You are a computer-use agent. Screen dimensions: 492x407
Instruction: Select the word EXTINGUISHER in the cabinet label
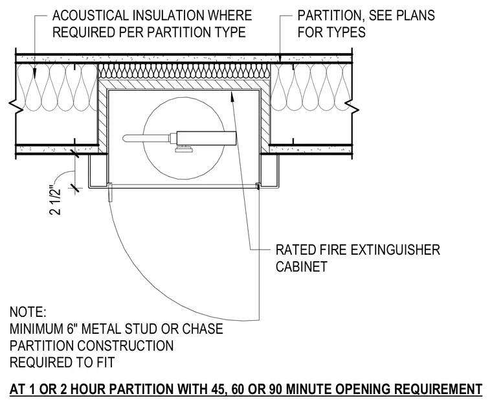point(395,250)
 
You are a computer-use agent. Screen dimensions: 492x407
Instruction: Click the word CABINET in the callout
point(302,266)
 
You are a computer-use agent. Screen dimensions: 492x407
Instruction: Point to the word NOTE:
point(28,312)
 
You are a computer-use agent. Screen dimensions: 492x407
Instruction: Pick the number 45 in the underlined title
point(216,389)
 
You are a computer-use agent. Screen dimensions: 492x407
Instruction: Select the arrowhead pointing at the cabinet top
point(232,95)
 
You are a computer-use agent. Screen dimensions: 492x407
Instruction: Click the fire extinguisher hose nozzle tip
point(124,138)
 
